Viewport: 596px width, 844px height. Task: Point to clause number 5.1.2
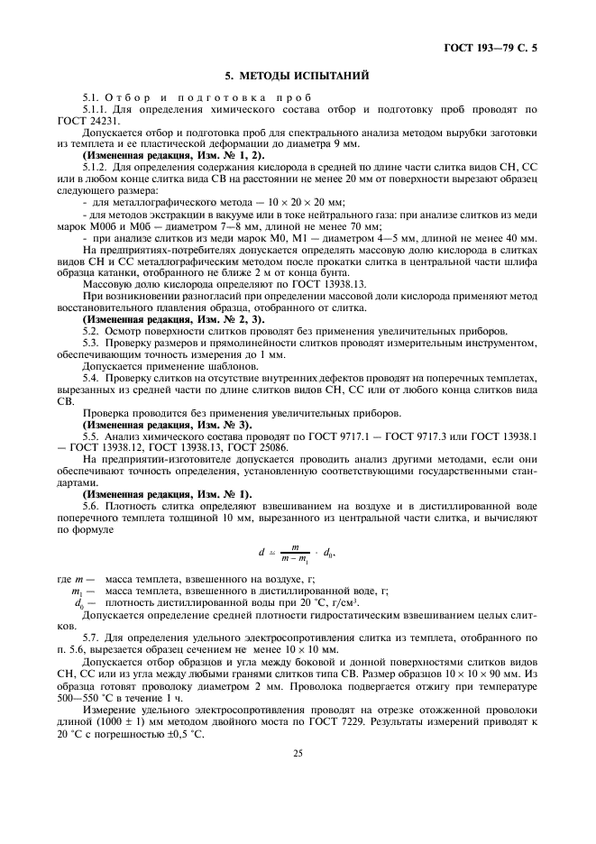point(97,167)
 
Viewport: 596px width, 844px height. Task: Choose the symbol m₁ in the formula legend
point(78,592)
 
